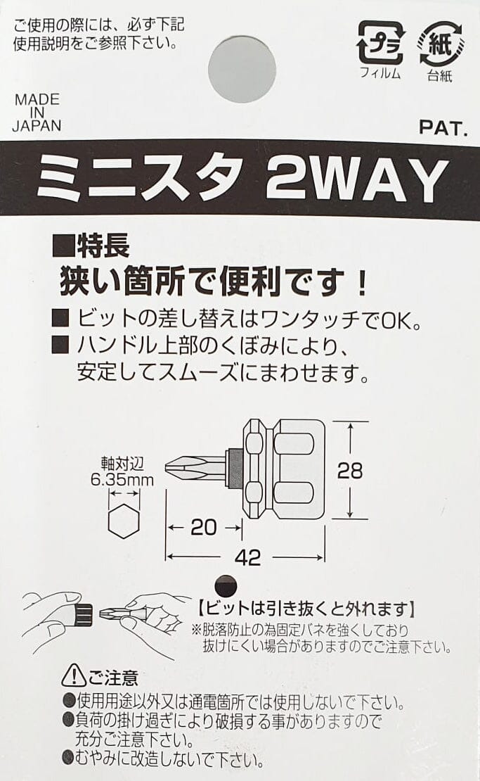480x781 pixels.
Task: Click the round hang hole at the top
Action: pos(242,69)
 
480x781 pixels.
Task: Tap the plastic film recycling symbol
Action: pos(380,44)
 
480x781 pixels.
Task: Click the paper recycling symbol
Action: pos(440,44)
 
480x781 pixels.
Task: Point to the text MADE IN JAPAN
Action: pos(38,113)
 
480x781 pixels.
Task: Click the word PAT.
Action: pos(443,128)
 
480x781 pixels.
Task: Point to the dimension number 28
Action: pos(349,471)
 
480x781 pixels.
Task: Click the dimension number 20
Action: pos(203,526)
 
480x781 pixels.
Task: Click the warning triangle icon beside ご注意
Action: pos(74,677)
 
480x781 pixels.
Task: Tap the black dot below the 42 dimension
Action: pos(225,584)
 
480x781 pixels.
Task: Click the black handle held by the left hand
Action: pos(84,614)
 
